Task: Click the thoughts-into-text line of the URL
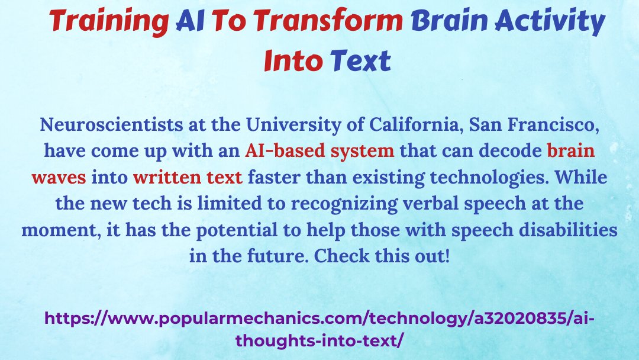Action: point(319,340)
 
